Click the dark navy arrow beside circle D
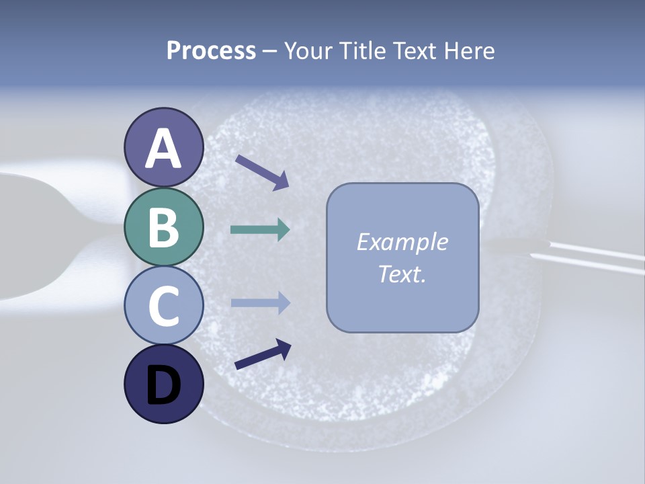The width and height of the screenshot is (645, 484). click(x=263, y=355)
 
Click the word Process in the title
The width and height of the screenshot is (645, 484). click(x=211, y=51)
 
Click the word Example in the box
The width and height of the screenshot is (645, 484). click(x=402, y=242)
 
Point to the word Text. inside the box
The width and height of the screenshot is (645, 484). click(x=402, y=274)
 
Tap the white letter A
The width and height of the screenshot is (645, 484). click(x=164, y=149)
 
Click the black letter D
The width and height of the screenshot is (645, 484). click(x=164, y=386)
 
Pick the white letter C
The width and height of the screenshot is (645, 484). click(x=164, y=307)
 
